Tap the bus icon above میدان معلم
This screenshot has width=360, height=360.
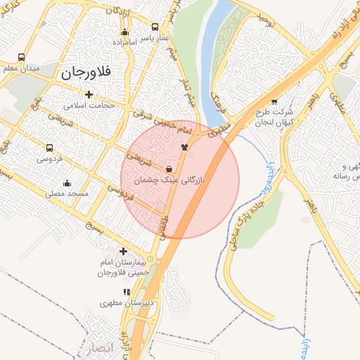pos(22,57)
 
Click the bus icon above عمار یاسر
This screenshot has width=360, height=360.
pos(155,27)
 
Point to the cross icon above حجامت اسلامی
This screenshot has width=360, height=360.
pos(89,94)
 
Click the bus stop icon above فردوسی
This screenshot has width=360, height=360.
pos(49,148)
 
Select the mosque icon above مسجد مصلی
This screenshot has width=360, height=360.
pos(67,184)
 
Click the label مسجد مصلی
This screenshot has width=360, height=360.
pos(66,193)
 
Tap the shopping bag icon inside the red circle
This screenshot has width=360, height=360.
pos(169,169)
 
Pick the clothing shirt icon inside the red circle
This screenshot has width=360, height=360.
pos(185,147)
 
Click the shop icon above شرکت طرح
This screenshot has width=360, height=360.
pos(274,101)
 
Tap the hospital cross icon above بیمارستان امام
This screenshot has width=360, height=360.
pos(123,251)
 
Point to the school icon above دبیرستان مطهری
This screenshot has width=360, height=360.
pos(127,292)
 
